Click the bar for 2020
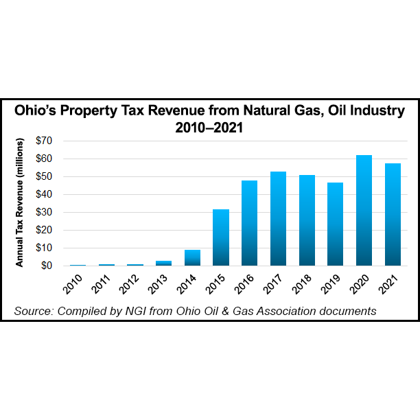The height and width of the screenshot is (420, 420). click(x=364, y=210)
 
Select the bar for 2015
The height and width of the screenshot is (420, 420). click(x=221, y=237)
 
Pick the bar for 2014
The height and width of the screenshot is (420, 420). click(x=192, y=257)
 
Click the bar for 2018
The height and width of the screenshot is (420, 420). click(x=307, y=220)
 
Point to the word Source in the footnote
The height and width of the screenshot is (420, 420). click(x=33, y=311)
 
